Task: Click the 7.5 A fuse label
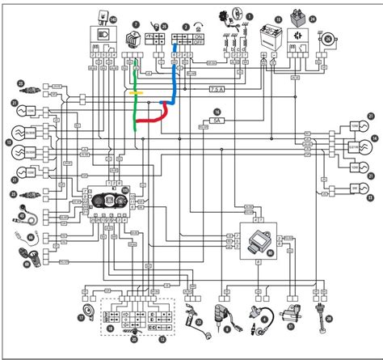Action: coord(217,88)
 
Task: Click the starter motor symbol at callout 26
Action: coord(329,38)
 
